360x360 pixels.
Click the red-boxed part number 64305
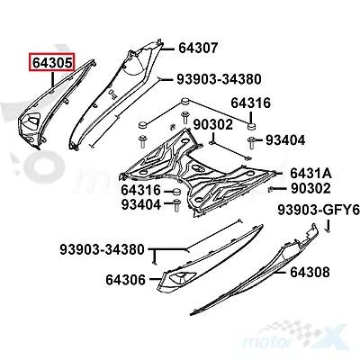click(52, 63)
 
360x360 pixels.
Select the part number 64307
click(198, 48)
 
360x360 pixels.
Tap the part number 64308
click(310, 272)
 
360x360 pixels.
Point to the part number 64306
click(125, 280)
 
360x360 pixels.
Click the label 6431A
click(310, 174)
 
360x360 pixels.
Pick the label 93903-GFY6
click(319, 210)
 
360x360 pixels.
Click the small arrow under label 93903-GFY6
click(328, 226)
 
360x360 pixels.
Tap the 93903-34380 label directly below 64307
click(219, 79)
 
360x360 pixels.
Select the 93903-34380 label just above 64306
click(103, 249)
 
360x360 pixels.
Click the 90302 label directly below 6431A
click(310, 188)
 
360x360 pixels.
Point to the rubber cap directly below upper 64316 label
click(251, 127)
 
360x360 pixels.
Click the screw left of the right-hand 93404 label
click(251, 143)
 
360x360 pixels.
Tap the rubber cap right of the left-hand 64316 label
click(176, 192)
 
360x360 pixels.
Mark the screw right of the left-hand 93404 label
click(176, 206)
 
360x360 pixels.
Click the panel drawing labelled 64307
click(117, 96)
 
